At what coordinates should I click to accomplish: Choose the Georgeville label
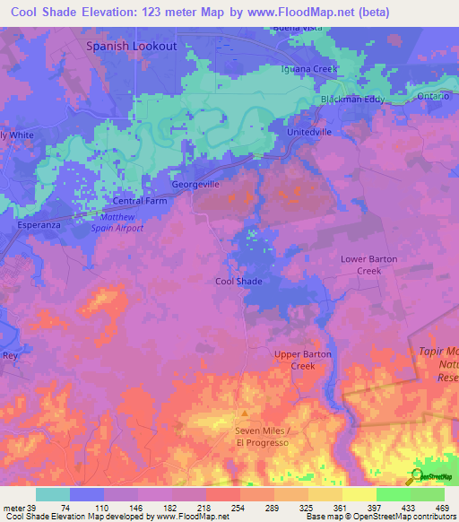coord(195,184)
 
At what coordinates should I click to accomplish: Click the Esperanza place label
coord(39,225)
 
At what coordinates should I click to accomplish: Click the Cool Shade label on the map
coord(239,281)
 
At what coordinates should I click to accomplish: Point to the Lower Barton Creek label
coord(368,265)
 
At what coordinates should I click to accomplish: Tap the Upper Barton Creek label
coord(302,360)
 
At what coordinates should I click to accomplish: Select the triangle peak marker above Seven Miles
coord(242,414)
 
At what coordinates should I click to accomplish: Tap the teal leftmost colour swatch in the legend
coord(52,494)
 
